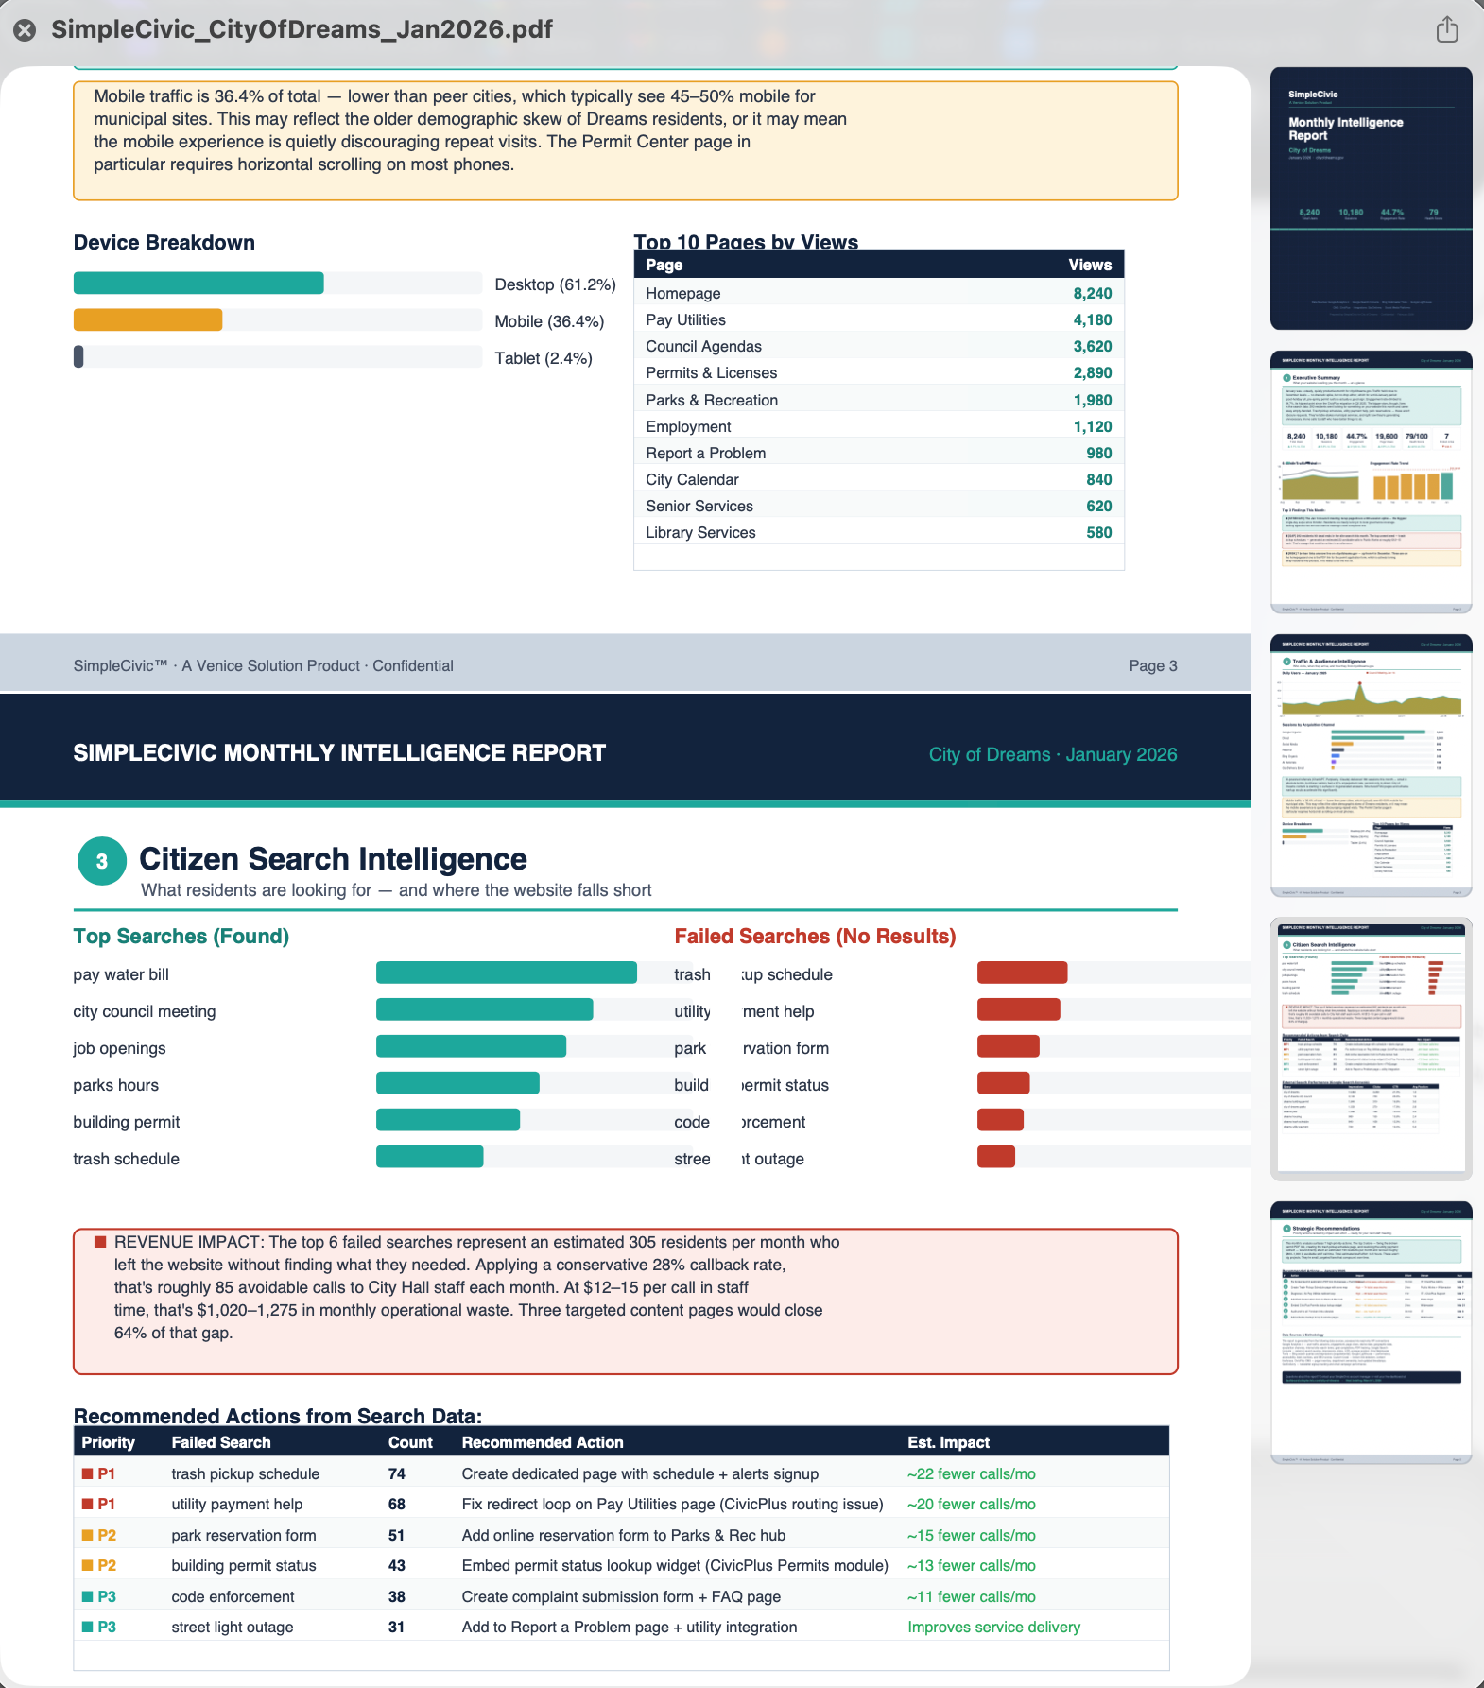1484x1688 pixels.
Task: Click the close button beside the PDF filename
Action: click(x=25, y=30)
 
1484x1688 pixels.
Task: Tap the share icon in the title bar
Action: click(x=1447, y=29)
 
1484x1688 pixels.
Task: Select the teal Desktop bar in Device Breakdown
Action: click(x=198, y=284)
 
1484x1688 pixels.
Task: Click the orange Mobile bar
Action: click(x=147, y=320)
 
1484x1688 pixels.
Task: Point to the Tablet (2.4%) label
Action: click(x=544, y=358)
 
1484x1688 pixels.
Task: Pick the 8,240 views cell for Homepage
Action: click(x=1092, y=294)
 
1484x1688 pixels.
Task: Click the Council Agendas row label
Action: click(x=703, y=347)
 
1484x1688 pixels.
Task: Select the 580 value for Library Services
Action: click(x=1098, y=533)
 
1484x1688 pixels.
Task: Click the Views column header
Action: click(x=1089, y=266)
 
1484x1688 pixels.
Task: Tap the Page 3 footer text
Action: click(x=1152, y=666)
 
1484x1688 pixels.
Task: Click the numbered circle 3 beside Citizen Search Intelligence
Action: click(x=102, y=861)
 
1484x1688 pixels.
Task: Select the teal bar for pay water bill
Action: click(x=506, y=973)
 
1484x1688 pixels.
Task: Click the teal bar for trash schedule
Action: click(x=429, y=1157)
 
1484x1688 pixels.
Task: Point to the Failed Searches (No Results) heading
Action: click(x=815, y=937)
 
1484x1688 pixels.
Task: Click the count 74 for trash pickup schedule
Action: click(x=397, y=1474)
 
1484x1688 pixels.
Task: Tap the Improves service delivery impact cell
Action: click(x=993, y=1628)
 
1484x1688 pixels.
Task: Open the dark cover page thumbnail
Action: click(x=1371, y=198)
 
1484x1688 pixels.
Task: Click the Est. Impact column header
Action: click(x=948, y=1443)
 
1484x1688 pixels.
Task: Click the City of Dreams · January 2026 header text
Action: click(x=1052, y=755)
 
